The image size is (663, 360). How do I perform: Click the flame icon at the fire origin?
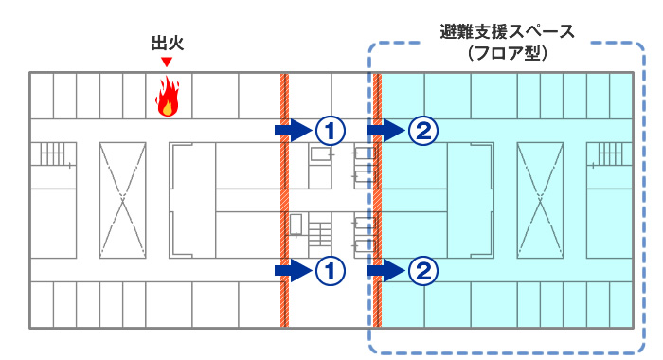click(x=168, y=97)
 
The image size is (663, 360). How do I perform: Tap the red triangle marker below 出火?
click(x=167, y=63)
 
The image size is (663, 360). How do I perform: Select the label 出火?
click(x=167, y=44)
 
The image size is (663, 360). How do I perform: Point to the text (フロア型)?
click(x=508, y=54)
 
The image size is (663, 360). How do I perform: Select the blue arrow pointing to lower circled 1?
click(x=293, y=271)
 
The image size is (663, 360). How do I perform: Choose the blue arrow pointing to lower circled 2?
click(x=386, y=271)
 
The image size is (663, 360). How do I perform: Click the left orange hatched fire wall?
click(x=283, y=199)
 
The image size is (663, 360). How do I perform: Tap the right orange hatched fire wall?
click(x=377, y=199)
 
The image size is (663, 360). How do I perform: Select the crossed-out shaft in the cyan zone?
click(x=541, y=199)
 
